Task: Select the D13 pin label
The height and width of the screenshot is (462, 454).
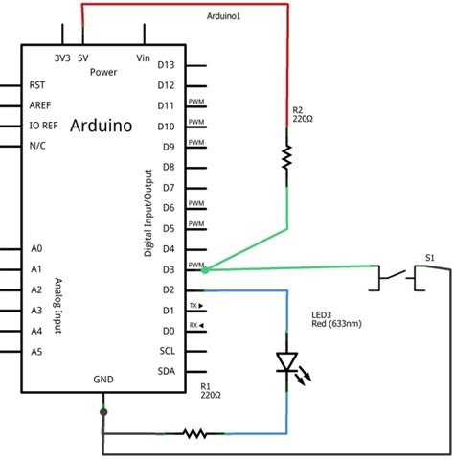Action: click(x=166, y=65)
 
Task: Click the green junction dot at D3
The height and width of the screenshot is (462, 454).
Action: click(x=205, y=269)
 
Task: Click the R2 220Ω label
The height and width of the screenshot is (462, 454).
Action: click(x=303, y=117)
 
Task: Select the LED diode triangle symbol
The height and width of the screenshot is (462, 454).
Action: click(x=286, y=362)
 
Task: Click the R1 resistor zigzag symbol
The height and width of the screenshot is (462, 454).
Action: click(x=195, y=433)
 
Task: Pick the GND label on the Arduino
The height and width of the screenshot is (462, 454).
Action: click(x=103, y=380)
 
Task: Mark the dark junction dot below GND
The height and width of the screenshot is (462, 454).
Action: click(x=103, y=412)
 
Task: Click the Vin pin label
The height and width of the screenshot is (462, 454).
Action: click(x=145, y=58)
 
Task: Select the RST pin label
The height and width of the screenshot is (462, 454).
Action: click(x=38, y=85)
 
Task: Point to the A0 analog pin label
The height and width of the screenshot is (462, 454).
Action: click(x=36, y=249)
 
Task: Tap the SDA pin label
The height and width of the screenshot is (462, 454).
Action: click(x=166, y=371)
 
